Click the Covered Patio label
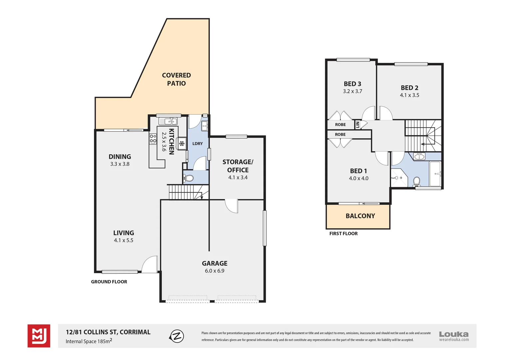tap(176, 79)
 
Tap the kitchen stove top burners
tap(153, 139)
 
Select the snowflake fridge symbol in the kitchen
tap(182, 144)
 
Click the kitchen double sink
tap(168, 121)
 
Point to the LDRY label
tap(198, 144)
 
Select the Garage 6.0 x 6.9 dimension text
tap(215, 271)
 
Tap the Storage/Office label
tap(238, 166)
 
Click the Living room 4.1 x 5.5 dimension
tap(124, 240)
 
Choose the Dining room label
tap(120, 157)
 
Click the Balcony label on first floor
tap(360, 216)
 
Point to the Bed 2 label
tap(409, 88)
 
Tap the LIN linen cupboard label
tap(358, 125)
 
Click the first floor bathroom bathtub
tap(435, 174)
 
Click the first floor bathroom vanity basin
tap(419, 156)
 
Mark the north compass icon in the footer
tap(177, 336)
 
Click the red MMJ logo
tap(39, 336)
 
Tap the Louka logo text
tap(453, 334)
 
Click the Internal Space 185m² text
tap(89, 341)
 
